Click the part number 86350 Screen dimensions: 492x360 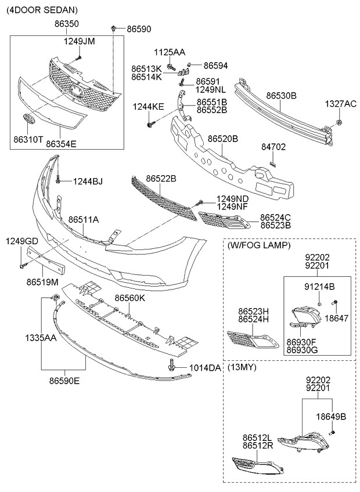67,24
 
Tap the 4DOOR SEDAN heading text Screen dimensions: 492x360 42,10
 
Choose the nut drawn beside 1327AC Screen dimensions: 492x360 339,122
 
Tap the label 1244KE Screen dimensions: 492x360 148,106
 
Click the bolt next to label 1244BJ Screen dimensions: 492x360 59,181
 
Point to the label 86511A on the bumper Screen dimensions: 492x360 84,220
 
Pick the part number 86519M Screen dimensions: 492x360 42,282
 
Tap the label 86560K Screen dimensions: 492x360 129,298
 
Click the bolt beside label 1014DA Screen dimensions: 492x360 172,367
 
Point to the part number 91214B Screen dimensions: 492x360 320,287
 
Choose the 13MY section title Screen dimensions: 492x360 243,368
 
